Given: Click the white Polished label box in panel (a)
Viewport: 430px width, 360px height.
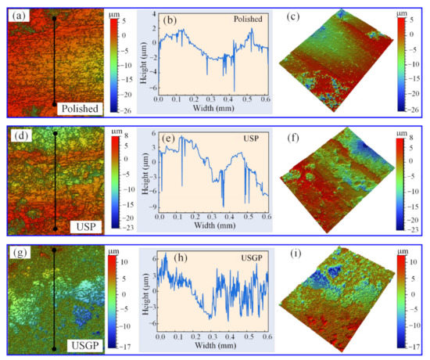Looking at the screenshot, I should (x=78, y=109).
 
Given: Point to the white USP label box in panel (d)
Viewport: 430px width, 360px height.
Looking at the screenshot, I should (x=87, y=226).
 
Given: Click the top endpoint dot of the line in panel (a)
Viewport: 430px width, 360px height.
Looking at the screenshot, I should (x=53, y=16).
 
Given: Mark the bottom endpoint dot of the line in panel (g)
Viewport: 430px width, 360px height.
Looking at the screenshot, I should (x=53, y=347).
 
